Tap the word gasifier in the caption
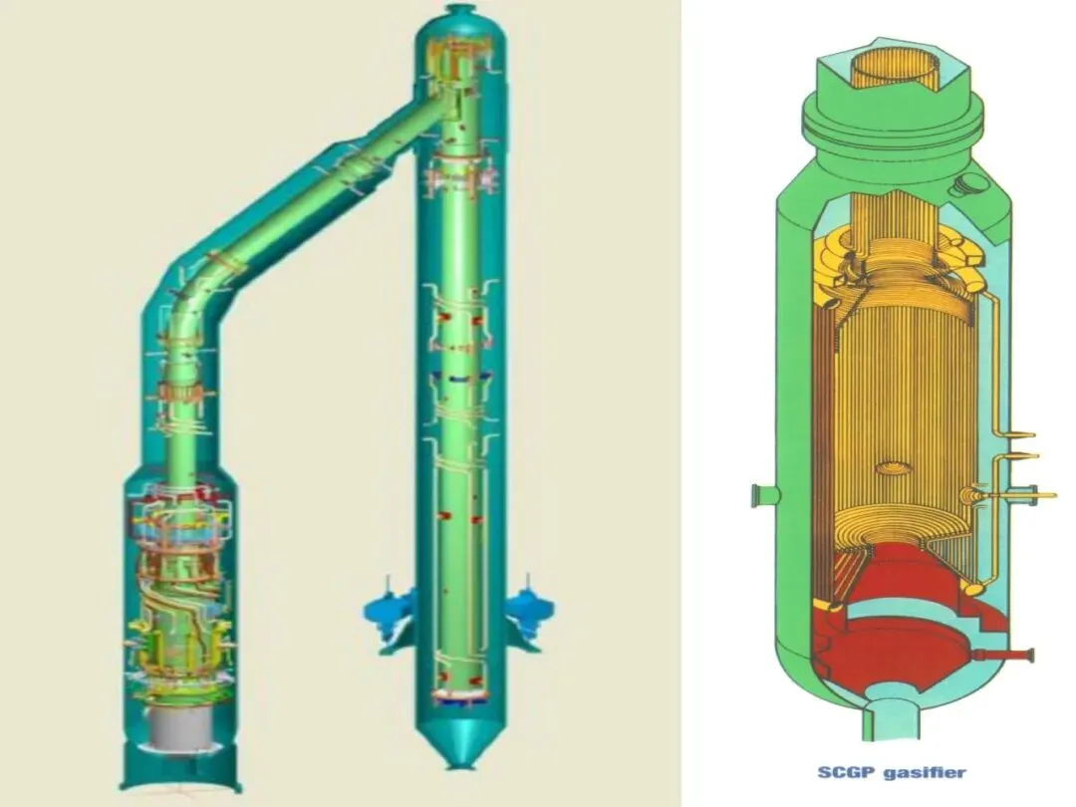pyautogui.click(x=925, y=773)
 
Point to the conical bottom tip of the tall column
pyautogui.click(x=461, y=762)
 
